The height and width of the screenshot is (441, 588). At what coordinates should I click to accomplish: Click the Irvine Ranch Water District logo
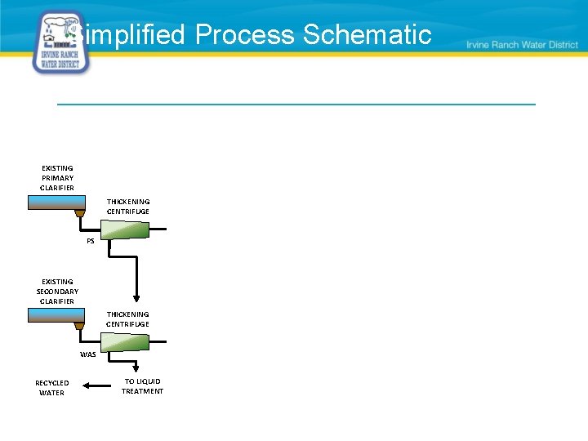[x=61, y=43]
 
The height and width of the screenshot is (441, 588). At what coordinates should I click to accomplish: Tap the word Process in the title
[x=246, y=34]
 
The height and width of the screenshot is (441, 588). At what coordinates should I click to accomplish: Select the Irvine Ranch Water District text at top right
[x=522, y=45]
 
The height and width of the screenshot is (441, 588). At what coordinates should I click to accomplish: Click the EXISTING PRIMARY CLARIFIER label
[x=57, y=178]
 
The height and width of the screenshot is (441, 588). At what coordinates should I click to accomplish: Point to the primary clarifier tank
[x=56, y=203]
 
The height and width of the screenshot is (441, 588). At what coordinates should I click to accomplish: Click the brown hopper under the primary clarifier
[x=79, y=214]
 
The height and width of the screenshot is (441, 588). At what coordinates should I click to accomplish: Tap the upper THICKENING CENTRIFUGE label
[x=128, y=207]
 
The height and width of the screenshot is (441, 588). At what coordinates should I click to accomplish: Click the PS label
[x=91, y=241]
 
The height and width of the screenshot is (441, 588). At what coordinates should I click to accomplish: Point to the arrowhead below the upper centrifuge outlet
[x=136, y=298]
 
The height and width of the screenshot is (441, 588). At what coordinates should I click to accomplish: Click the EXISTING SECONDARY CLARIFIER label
[x=57, y=292]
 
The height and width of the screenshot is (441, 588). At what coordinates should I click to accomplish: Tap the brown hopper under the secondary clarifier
[x=79, y=327]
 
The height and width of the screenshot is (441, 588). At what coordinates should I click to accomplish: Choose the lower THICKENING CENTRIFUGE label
[x=128, y=319]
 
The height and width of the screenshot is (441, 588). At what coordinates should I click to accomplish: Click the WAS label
[x=87, y=354]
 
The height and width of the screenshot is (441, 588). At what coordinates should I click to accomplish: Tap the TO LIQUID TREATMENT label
[x=142, y=386]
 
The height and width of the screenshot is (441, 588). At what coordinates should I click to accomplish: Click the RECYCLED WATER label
[x=52, y=388]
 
